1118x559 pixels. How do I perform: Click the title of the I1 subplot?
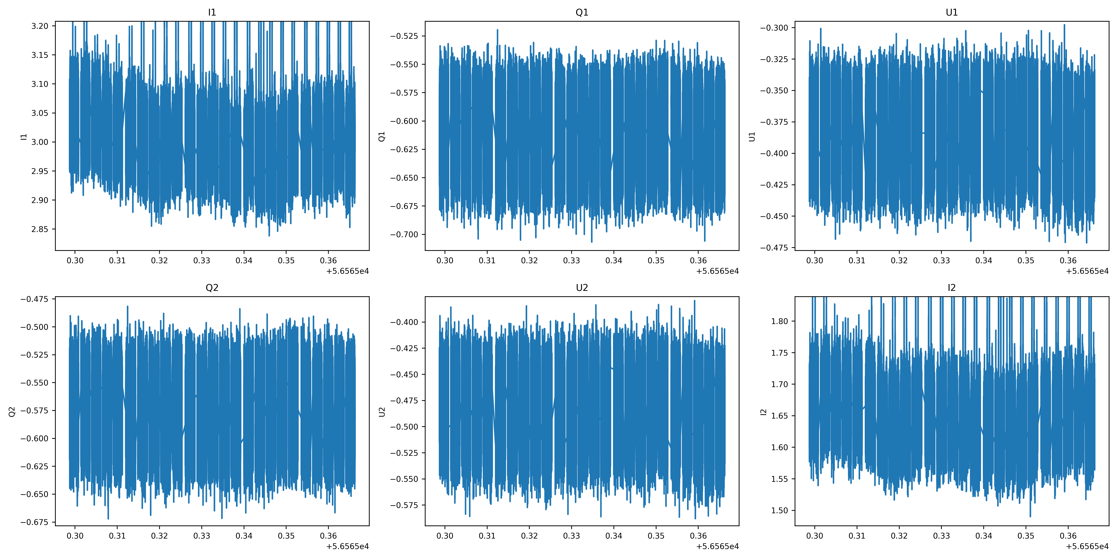coord(212,12)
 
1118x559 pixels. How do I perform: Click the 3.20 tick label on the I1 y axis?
coord(40,26)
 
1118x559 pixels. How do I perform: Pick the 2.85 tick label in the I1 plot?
coord(40,229)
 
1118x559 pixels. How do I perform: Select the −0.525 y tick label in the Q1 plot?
coord(404,36)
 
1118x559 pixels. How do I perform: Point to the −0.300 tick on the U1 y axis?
coord(774,28)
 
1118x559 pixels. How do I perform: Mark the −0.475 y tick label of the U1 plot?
coord(774,248)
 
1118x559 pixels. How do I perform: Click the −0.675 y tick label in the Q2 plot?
coord(34,522)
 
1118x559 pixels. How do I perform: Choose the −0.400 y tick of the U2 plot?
coord(404,322)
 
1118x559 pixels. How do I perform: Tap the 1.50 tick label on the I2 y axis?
coord(779,510)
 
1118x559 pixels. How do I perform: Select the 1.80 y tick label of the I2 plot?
coord(779,321)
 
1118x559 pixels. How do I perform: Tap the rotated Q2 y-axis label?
coord(12,411)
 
